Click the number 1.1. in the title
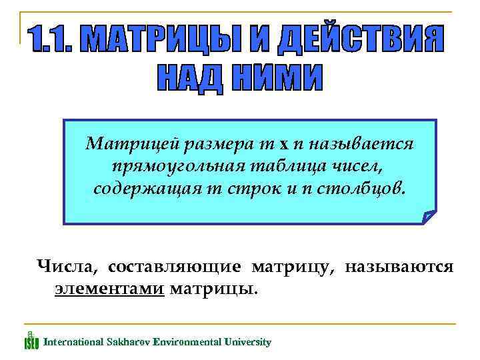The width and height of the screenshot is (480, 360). (x=55, y=41)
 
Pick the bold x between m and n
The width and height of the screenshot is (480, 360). (x=284, y=143)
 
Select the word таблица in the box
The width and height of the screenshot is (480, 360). (x=279, y=165)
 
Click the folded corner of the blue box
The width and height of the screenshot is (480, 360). (x=429, y=217)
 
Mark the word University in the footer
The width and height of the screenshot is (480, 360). (x=247, y=342)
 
